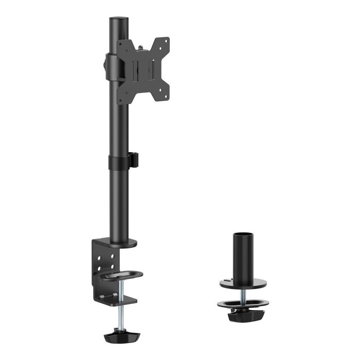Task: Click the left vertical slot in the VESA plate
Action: (x=135, y=70)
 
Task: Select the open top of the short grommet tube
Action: (x=243, y=236)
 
